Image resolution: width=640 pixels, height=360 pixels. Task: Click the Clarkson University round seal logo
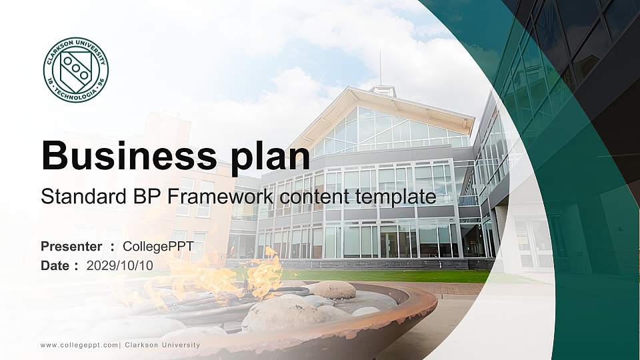point(76,70)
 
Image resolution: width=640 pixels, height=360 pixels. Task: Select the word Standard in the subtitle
point(73,197)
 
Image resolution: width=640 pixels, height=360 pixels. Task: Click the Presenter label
point(71,247)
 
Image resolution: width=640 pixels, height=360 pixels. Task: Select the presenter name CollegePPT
point(156,247)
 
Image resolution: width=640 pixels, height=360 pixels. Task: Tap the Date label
point(55,265)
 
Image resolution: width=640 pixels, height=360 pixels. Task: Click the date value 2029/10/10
point(120,265)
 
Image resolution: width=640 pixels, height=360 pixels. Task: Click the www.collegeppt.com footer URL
point(79,345)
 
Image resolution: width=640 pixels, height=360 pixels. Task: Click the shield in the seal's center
point(75,70)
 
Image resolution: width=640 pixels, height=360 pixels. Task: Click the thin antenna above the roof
point(380,67)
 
